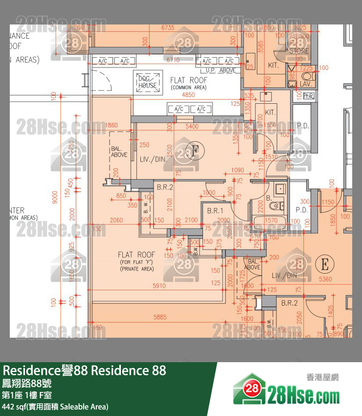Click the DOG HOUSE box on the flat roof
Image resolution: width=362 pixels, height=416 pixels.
coord(148,82)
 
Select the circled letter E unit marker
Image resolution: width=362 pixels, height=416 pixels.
coord(323,264)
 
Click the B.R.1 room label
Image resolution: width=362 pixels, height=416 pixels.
coord(215,210)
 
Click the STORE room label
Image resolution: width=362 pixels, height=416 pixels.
coord(299,51)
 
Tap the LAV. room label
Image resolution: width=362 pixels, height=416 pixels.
coord(306,84)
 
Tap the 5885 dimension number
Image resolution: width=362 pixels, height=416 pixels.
coord(159,317)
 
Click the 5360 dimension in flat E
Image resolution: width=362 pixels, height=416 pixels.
coord(325,279)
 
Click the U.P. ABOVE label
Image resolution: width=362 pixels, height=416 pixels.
coord(220,70)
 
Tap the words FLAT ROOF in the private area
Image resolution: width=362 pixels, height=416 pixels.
coord(136,255)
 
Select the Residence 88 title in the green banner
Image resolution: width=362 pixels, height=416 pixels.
coord(85,370)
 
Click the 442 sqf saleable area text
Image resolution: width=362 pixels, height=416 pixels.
coord(55,406)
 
